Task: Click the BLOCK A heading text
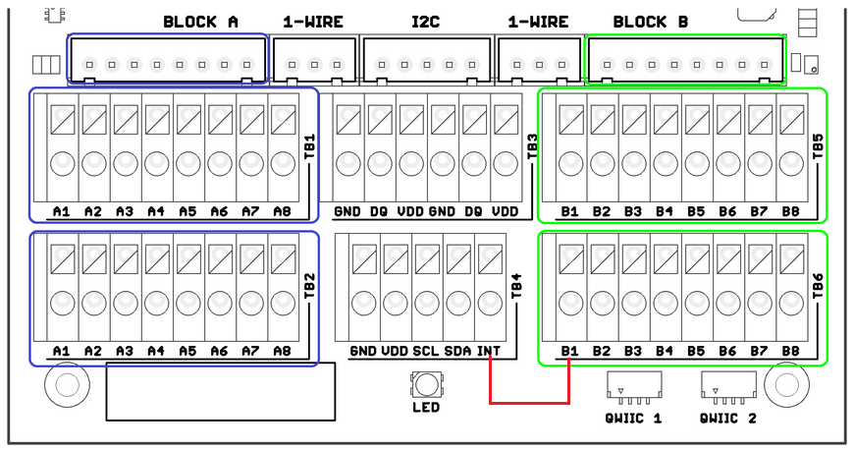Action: click(x=200, y=22)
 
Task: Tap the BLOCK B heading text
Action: click(x=650, y=22)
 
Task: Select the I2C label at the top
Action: click(x=425, y=22)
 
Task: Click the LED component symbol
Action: click(x=426, y=385)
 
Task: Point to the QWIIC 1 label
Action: click(x=633, y=419)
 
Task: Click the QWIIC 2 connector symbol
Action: click(x=728, y=388)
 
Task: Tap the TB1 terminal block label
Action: click(x=310, y=146)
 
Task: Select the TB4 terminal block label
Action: click(x=516, y=286)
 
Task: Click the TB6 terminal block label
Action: click(x=818, y=286)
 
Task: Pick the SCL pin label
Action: click(x=425, y=351)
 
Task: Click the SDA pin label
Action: click(x=457, y=351)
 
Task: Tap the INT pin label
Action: click(x=489, y=351)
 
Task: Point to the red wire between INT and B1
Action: click(x=529, y=403)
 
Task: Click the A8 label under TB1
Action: click(x=282, y=211)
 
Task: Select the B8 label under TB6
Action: click(x=790, y=351)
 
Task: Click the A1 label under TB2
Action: click(x=62, y=351)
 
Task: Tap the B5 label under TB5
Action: click(x=696, y=211)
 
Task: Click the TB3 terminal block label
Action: click(x=532, y=146)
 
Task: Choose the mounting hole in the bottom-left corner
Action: click(x=67, y=385)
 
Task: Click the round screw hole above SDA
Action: click(x=458, y=304)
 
